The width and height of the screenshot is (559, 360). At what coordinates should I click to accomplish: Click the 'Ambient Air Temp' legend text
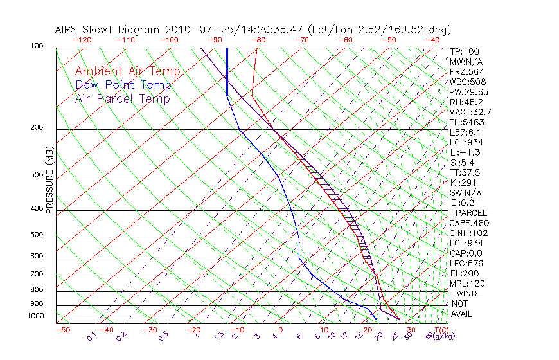pyautogui.click(x=127, y=71)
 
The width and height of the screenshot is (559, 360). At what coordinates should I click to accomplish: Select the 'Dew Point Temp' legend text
pyautogui.click(x=123, y=85)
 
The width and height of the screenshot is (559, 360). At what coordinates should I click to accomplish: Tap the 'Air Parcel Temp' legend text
pyautogui.click(x=122, y=98)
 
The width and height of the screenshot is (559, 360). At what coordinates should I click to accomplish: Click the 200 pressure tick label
pyautogui.click(x=37, y=127)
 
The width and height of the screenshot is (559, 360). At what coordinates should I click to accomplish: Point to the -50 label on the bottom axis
pyautogui.click(x=62, y=330)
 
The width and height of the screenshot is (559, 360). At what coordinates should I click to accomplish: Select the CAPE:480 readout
pyautogui.click(x=469, y=223)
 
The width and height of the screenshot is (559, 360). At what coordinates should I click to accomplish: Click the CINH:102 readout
pyautogui.click(x=469, y=233)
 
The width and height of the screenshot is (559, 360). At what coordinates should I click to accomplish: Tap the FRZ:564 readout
pyautogui.click(x=468, y=72)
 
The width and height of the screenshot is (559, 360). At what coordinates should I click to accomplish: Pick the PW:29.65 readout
pyautogui.click(x=469, y=92)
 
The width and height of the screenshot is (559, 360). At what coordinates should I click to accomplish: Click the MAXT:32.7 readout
pyautogui.click(x=471, y=113)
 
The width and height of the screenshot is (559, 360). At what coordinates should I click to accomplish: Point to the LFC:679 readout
pyautogui.click(x=466, y=264)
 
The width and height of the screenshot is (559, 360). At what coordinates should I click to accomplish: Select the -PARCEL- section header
pyautogui.click(x=471, y=213)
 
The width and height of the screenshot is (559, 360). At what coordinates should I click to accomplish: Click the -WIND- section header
pyautogui.click(x=466, y=294)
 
